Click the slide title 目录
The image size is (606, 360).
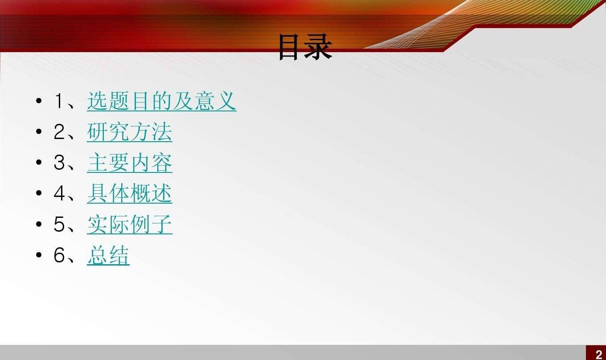[x=305, y=47]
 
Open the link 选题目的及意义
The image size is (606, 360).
[x=161, y=101]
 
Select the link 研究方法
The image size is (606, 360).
[x=130, y=132]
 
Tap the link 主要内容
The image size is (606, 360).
[x=130, y=163]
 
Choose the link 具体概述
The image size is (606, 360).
[x=130, y=193]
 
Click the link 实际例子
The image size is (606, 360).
[x=130, y=224]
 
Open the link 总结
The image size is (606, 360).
[x=108, y=255]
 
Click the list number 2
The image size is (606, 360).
[x=59, y=132]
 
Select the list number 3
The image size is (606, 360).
[x=59, y=163]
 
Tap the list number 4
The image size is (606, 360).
[x=59, y=193]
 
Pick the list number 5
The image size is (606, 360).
[x=59, y=224]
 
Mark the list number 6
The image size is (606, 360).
[x=59, y=255]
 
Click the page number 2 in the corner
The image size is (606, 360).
[x=598, y=355]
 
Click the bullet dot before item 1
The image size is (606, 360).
[x=39, y=101]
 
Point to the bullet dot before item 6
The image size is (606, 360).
[x=39, y=255]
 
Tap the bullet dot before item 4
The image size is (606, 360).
[x=39, y=193]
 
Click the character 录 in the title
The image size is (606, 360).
[x=319, y=47]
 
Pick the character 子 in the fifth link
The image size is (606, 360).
[x=161, y=224]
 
